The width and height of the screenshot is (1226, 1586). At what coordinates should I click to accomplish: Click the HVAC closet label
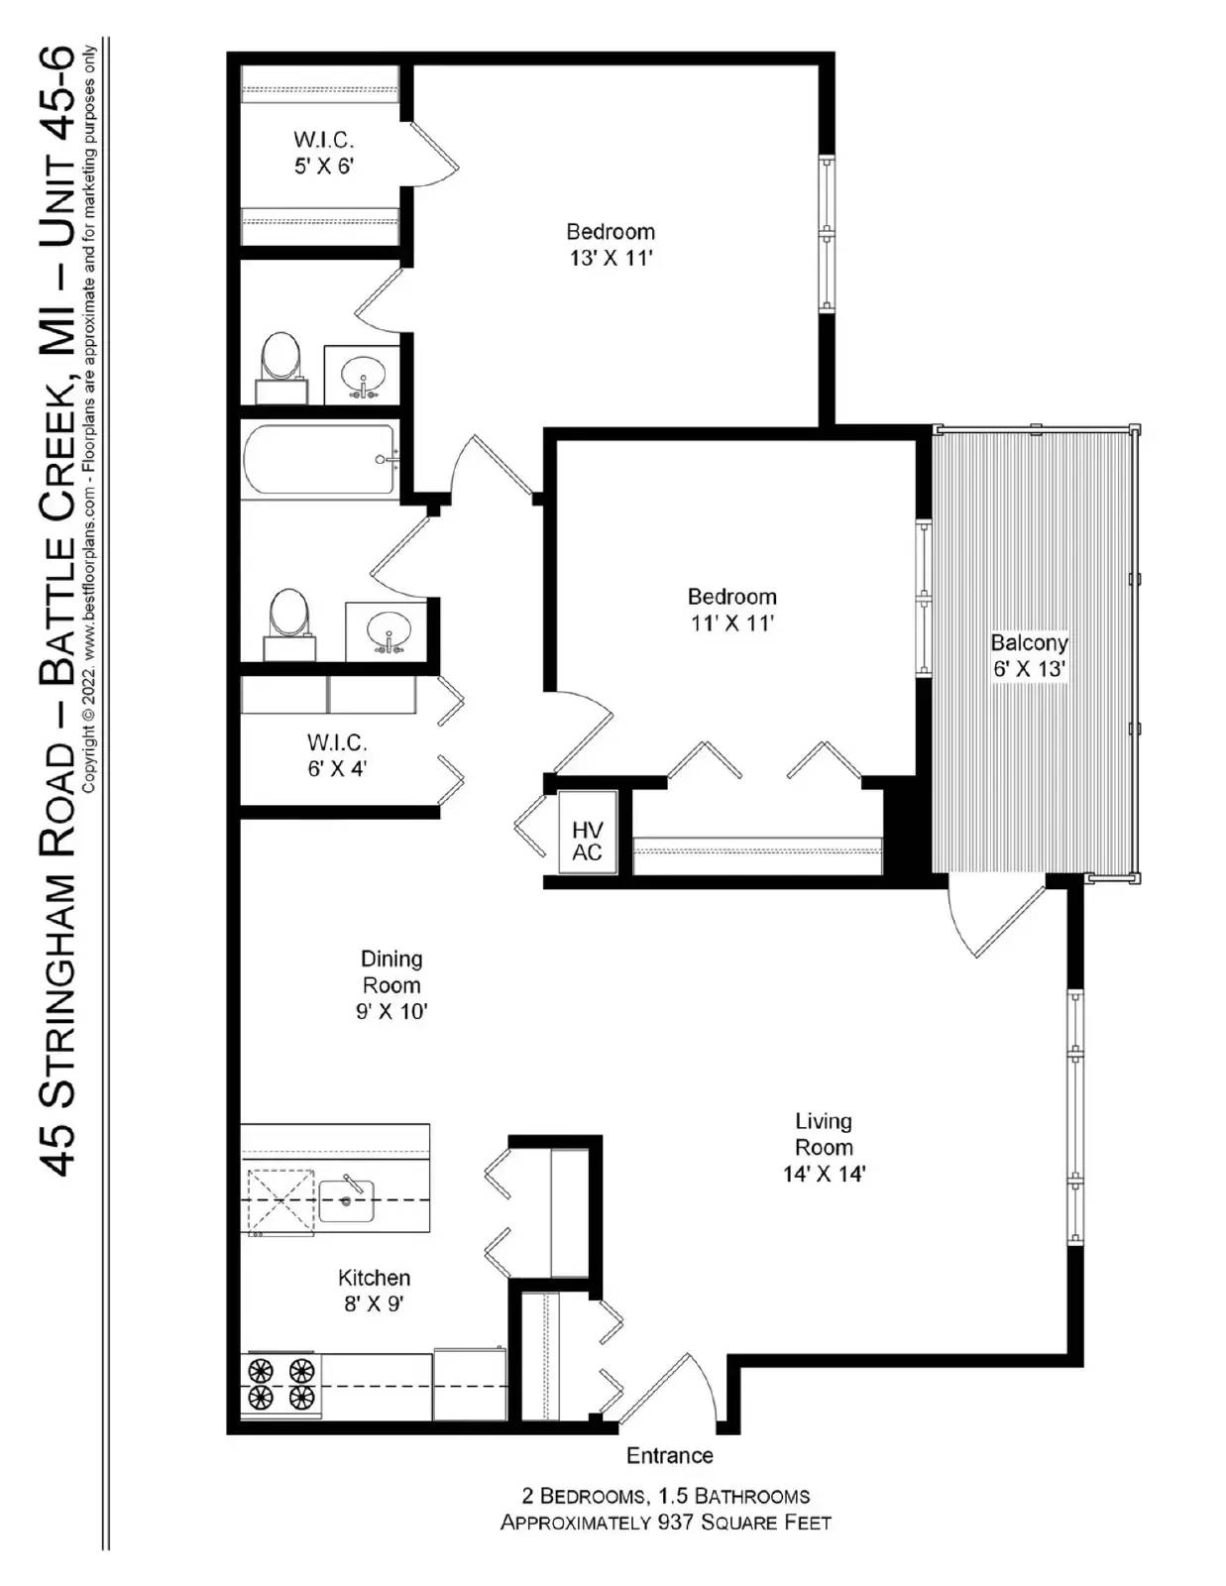[587, 841]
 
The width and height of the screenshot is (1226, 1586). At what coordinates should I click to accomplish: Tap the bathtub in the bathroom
[319, 459]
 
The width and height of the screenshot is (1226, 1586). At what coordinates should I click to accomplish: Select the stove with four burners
[280, 1385]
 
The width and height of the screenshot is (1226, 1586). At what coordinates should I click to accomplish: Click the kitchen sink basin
[346, 1201]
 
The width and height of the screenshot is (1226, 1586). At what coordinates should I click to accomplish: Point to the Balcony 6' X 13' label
[1029, 655]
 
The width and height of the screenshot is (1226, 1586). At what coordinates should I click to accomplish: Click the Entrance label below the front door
[669, 1455]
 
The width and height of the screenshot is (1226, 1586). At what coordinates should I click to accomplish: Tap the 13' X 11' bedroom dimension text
[611, 259]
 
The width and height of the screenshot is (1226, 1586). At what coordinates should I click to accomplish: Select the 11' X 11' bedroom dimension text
[731, 623]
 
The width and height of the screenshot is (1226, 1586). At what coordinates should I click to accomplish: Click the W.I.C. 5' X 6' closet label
[323, 153]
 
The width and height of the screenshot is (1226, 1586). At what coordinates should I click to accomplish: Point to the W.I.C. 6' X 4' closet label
[337, 755]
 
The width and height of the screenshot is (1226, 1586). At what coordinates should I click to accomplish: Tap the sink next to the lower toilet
[388, 630]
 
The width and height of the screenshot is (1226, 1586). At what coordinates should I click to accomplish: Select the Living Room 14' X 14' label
[824, 1147]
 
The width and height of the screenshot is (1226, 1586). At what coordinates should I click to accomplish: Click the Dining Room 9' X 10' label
[391, 984]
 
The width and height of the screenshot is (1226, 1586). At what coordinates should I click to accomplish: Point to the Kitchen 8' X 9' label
[374, 1291]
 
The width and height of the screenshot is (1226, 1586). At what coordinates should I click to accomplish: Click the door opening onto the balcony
[996, 917]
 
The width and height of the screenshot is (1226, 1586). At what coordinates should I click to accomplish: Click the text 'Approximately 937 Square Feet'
[665, 1523]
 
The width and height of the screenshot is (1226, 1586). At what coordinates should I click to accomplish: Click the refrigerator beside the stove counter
[470, 1384]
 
